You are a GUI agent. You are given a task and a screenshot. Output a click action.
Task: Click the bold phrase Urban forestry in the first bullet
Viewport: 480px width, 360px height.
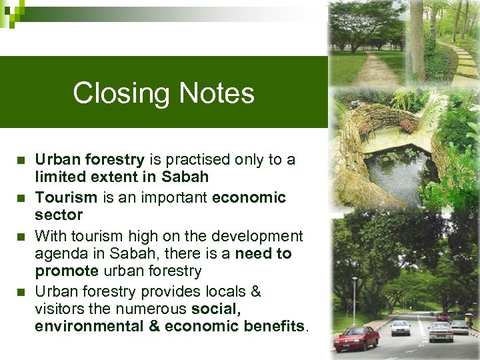pos(89,159)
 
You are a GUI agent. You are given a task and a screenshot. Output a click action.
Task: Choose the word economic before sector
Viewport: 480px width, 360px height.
pos(249,197)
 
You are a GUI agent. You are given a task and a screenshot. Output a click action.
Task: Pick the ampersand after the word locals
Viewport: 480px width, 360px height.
pos(255,291)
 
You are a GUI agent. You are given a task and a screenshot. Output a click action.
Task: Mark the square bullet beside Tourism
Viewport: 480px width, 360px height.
pos(22,198)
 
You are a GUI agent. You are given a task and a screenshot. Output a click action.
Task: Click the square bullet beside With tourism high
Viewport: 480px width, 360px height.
pos(22,236)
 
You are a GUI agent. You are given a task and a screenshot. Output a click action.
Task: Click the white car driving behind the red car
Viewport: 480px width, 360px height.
pos(401,327)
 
